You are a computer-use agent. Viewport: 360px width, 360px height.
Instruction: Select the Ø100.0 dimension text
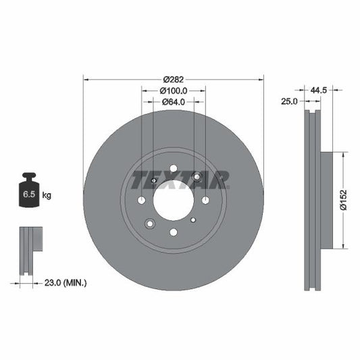174,91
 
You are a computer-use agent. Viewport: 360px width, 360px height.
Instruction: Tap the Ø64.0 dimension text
174,103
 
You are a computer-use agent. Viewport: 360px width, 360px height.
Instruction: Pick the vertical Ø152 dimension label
344,200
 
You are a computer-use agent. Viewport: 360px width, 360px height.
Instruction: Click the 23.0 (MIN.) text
65,282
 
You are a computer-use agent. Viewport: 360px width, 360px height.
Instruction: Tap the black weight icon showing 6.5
29,193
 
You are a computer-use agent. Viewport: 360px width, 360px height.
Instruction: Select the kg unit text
47,196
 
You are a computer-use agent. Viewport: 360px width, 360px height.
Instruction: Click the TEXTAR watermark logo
180,180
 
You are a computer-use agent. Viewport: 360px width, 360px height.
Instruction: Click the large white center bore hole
174,200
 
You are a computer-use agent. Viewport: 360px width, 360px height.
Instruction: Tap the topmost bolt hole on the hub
174,168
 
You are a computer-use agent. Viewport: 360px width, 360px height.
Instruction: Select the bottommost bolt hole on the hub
174,232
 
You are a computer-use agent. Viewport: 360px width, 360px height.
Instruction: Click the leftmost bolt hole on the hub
142,200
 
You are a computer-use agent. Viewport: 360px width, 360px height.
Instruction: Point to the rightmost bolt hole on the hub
205,200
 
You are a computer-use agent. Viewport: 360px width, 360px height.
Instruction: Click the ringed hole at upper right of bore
197,177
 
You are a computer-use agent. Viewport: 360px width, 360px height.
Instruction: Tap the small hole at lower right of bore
193,220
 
